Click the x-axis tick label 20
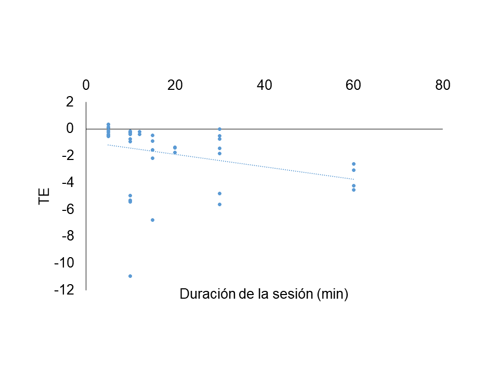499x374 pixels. pyautogui.click(x=175, y=85)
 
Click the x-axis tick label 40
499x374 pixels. pyautogui.click(x=265, y=85)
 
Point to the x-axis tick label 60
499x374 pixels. pyautogui.click(x=353, y=85)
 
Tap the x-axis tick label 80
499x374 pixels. pyautogui.click(x=443, y=85)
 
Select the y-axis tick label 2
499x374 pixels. pyautogui.click(x=70, y=102)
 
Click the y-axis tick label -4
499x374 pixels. pyautogui.click(x=68, y=183)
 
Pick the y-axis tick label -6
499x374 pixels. pyautogui.click(x=68, y=210)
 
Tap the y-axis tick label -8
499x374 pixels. pyautogui.click(x=68, y=236)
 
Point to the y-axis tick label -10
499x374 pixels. pyautogui.click(x=64, y=263)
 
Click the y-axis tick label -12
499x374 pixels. pyautogui.click(x=64, y=290)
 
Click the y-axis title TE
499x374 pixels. pyautogui.click(x=45, y=196)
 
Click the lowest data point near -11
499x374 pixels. pyautogui.click(x=130, y=276)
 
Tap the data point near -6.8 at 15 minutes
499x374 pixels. pyautogui.click(x=152, y=220)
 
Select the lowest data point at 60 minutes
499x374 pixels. pyautogui.click(x=353, y=190)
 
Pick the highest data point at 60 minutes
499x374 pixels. pyautogui.click(x=353, y=164)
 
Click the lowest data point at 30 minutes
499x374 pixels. pyautogui.click(x=219, y=204)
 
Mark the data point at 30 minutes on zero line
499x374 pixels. pyautogui.click(x=219, y=129)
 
